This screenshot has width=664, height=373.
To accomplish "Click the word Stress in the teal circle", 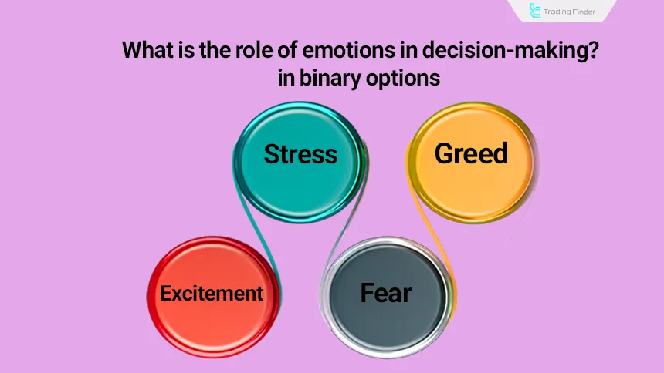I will pyautogui.click(x=300, y=154).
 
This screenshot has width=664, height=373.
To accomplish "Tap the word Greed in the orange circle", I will pyautogui.click(x=471, y=153).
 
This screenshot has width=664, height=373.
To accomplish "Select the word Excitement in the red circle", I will pyautogui.click(x=212, y=293).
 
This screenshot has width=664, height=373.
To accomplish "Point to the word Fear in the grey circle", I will pyautogui.click(x=386, y=293).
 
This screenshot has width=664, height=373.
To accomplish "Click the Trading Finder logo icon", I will pyautogui.click(x=535, y=11).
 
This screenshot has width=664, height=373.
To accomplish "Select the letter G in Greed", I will pyautogui.click(x=443, y=153).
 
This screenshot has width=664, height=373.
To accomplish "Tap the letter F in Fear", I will pyautogui.click(x=367, y=293).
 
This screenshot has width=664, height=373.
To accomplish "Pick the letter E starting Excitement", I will pyautogui.click(x=165, y=293).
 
